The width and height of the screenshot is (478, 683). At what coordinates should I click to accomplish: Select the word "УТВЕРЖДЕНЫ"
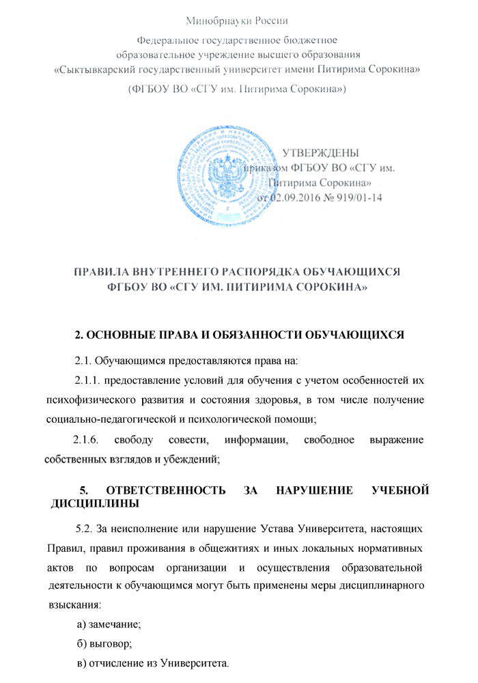[322, 152]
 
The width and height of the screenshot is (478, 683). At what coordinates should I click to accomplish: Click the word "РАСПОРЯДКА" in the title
[277, 272]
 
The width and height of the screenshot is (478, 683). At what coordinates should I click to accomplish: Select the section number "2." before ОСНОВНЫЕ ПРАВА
[79, 335]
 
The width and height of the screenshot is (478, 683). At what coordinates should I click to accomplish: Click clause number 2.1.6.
[87, 440]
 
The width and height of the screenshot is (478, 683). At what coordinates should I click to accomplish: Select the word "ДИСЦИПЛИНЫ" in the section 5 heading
[95, 504]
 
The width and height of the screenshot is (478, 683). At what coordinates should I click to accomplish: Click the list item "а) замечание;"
[109, 624]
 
